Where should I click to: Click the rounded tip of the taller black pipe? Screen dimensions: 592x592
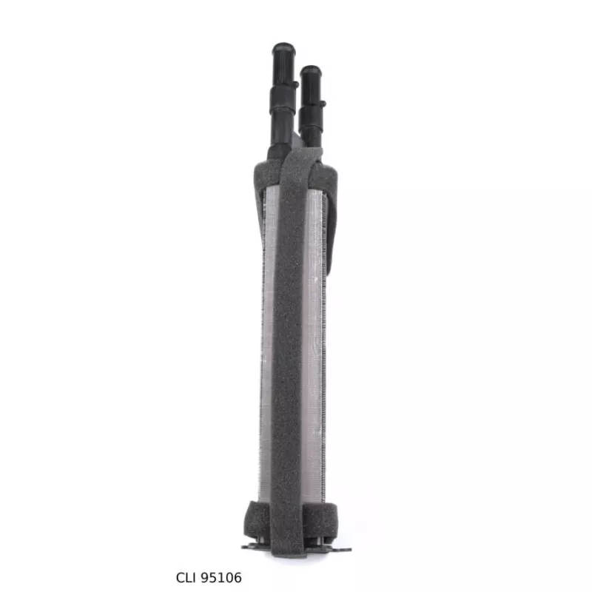pyautogui.click(x=283, y=49)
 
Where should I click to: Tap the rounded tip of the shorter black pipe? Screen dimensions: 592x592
pyautogui.click(x=310, y=71)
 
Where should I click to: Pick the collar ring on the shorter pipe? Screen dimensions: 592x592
pyautogui.click(x=310, y=116)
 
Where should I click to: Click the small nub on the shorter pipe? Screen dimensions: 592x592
pyautogui.click(x=323, y=103)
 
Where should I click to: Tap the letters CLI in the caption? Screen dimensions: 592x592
pyautogui.click(x=187, y=578)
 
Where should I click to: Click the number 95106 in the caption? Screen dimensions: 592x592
pyautogui.click(x=221, y=578)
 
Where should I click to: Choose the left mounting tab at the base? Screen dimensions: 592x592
pyautogui.click(x=252, y=547)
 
